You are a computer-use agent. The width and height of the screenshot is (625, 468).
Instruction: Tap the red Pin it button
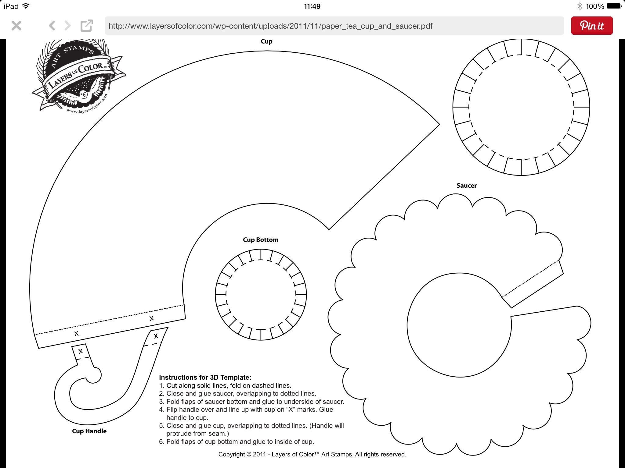(x=591, y=26)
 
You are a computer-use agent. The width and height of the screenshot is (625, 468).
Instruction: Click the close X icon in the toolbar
(x=16, y=26)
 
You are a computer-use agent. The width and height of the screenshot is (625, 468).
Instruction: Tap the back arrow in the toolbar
(x=52, y=26)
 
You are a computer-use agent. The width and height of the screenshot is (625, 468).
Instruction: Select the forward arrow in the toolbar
(x=68, y=26)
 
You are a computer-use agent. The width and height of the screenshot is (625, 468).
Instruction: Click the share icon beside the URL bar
(x=86, y=26)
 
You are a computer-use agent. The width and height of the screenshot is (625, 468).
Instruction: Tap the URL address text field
(x=334, y=26)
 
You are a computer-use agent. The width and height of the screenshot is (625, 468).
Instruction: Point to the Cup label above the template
(x=266, y=41)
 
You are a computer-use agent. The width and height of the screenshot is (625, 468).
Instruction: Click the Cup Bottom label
(x=260, y=240)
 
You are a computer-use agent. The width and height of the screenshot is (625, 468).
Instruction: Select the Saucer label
(x=466, y=186)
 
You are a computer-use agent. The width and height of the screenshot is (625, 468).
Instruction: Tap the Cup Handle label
(x=89, y=431)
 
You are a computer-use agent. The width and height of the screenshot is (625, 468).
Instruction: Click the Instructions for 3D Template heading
(x=205, y=378)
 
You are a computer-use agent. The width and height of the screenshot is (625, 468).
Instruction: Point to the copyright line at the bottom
(x=312, y=454)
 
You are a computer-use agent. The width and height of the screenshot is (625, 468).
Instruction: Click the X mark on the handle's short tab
(x=81, y=351)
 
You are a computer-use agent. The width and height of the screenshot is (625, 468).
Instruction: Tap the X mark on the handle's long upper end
(x=156, y=336)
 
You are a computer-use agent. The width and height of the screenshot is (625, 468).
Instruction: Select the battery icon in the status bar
(x=614, y=6)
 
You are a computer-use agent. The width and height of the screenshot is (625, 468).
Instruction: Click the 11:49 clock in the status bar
(x=312, y=6)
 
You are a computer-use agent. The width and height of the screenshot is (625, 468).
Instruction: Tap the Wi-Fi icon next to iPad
(x=26, y=6)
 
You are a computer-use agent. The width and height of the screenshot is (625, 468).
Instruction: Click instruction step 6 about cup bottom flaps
(x=237, y=441)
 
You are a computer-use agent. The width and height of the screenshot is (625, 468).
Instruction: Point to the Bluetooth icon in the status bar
(x=580, y=6)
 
